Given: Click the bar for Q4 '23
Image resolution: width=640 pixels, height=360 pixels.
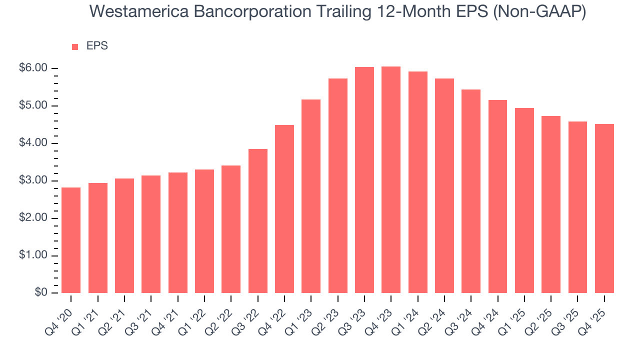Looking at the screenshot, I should (391, 180).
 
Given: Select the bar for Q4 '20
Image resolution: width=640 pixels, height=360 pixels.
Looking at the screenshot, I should (71, 240).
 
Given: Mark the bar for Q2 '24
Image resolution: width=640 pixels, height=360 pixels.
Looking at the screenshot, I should (444, 185).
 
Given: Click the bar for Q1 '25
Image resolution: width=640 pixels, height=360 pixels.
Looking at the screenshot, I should (524, 200).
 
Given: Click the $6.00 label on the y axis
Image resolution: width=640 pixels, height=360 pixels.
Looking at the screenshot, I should (33, 68).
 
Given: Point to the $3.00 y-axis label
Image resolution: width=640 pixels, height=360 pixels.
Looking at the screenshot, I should (33, 180).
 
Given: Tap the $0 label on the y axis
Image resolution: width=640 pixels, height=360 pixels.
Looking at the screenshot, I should (41, 293).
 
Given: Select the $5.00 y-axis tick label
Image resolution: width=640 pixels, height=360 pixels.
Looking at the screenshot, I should (33, 105).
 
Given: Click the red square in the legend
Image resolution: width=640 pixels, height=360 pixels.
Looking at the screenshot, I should (75, 46).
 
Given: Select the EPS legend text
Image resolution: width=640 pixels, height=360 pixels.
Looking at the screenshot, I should (97, 46).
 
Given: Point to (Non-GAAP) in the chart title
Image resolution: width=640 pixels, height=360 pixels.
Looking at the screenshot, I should (539, 12).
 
